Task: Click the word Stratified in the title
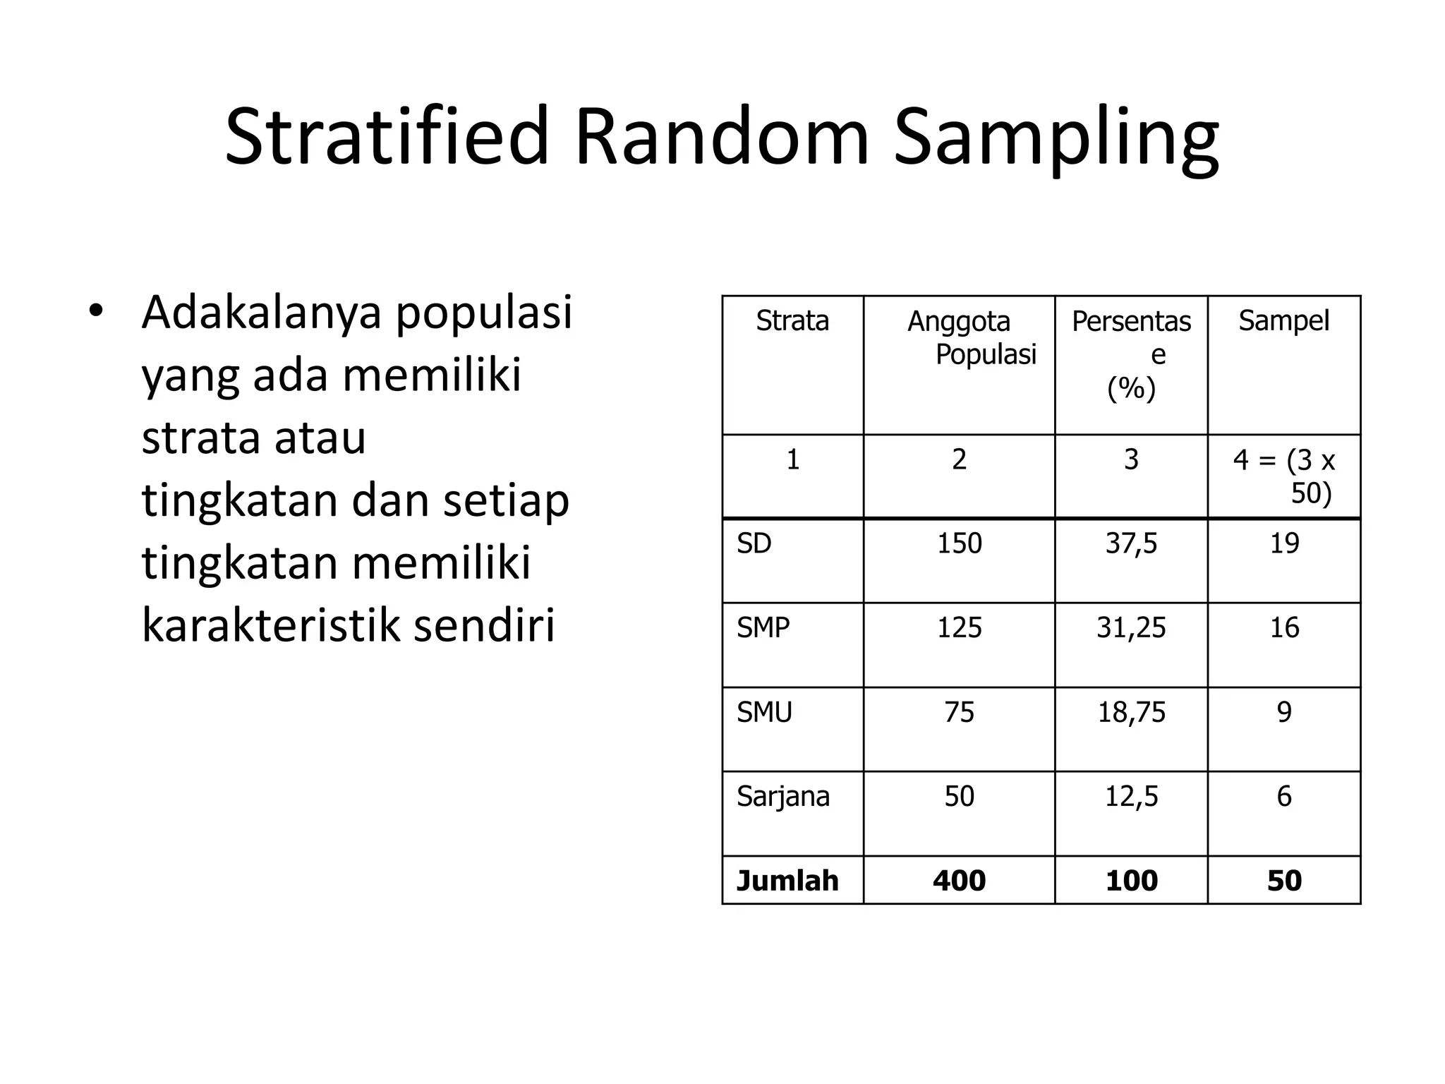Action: tap(387, 135)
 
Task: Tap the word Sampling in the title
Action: tap(1056, 138)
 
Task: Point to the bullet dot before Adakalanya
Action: tap(97, 311)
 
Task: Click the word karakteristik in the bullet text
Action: tap(270, 625)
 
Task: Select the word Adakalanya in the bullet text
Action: tap(260, 312)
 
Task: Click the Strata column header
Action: tap(792, 321)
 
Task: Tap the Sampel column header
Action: tap(1283, 321)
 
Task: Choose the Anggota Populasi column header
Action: tap(971, 337)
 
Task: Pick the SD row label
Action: tap(754, 543)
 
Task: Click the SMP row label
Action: tap(763, 627)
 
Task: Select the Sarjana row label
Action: tap(783, 796)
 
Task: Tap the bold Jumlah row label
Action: tap(787, 881)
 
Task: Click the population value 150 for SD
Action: tap(959, 543)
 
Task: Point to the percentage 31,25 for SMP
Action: tap(1131, 627)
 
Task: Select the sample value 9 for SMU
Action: tap(1284, 712)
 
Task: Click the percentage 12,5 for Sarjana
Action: tap(1131, 796)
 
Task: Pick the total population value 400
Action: tap(959, 881)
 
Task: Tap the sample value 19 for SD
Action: tap(1284, 543)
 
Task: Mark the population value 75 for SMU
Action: tap(959, 712)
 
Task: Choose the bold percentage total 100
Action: tap(1131, 881)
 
